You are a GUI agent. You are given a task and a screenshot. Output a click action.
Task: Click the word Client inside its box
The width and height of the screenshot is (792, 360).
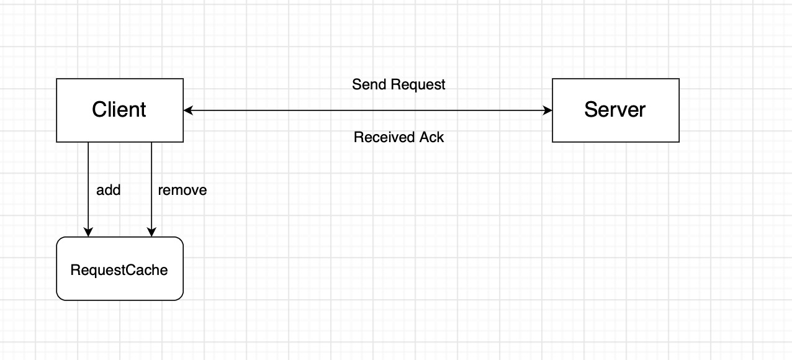click(x=119, y=110)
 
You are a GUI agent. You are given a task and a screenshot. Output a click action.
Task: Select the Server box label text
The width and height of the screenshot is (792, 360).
click(x=614, y=110)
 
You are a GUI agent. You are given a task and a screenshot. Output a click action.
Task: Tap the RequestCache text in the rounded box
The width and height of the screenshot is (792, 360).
click(x=119, y=270)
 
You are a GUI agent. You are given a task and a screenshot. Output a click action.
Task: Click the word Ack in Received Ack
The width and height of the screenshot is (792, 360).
click(x=432, y=137)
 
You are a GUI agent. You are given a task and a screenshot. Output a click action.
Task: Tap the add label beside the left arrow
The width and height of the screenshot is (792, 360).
click(x=108, y=190)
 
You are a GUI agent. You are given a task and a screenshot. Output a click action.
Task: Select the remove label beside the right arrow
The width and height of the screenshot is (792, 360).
click(x=182, y=190)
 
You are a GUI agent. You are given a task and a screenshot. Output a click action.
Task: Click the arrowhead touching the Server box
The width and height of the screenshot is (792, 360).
click(x=548, y=110)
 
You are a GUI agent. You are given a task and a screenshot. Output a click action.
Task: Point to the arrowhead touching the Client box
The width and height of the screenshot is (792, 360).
click(x=188, y=110)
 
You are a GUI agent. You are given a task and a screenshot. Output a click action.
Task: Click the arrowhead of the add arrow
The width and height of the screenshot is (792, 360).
click(x=88, y=233)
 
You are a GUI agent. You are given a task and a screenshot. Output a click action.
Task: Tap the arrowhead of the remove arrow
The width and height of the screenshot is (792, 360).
click(x=151, y=233)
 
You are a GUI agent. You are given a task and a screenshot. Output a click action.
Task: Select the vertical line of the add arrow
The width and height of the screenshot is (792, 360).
click(x=88, y=186)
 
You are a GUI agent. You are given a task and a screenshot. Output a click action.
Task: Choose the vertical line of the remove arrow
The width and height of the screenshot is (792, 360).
click(x=151, y=186)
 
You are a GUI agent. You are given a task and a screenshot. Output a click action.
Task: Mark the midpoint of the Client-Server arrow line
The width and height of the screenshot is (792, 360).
click(x=368, y=110)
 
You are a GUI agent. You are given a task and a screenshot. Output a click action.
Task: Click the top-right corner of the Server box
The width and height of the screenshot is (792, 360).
click(x=679, y=79)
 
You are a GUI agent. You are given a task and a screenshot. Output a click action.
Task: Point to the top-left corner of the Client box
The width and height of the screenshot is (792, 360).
click(x=56, y=79)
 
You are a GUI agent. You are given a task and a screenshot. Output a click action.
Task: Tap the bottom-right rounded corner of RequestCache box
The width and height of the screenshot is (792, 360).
click(x=181, y=298)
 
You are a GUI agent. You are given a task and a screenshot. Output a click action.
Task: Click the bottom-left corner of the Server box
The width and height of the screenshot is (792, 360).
click(x=552, y=142)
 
